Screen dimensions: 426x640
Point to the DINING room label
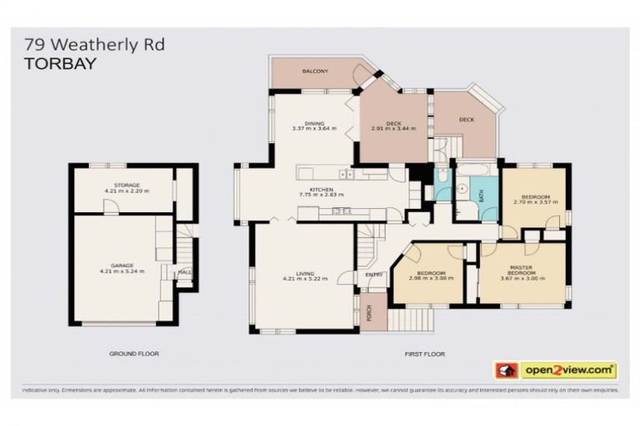tap(313, 123)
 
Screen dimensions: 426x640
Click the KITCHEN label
tap(322, 190)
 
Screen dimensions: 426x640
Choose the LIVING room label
tap(304, 272)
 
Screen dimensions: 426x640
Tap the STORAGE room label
tap(127, 185)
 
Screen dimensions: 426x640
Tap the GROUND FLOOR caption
tap(134, 354)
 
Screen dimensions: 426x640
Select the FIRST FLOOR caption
tap(425, 354)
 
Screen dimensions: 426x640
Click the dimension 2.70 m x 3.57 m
tap(533, 202)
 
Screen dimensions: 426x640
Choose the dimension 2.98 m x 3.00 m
tap(431, 278)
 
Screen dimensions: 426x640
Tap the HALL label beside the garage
tap(184, 271)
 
